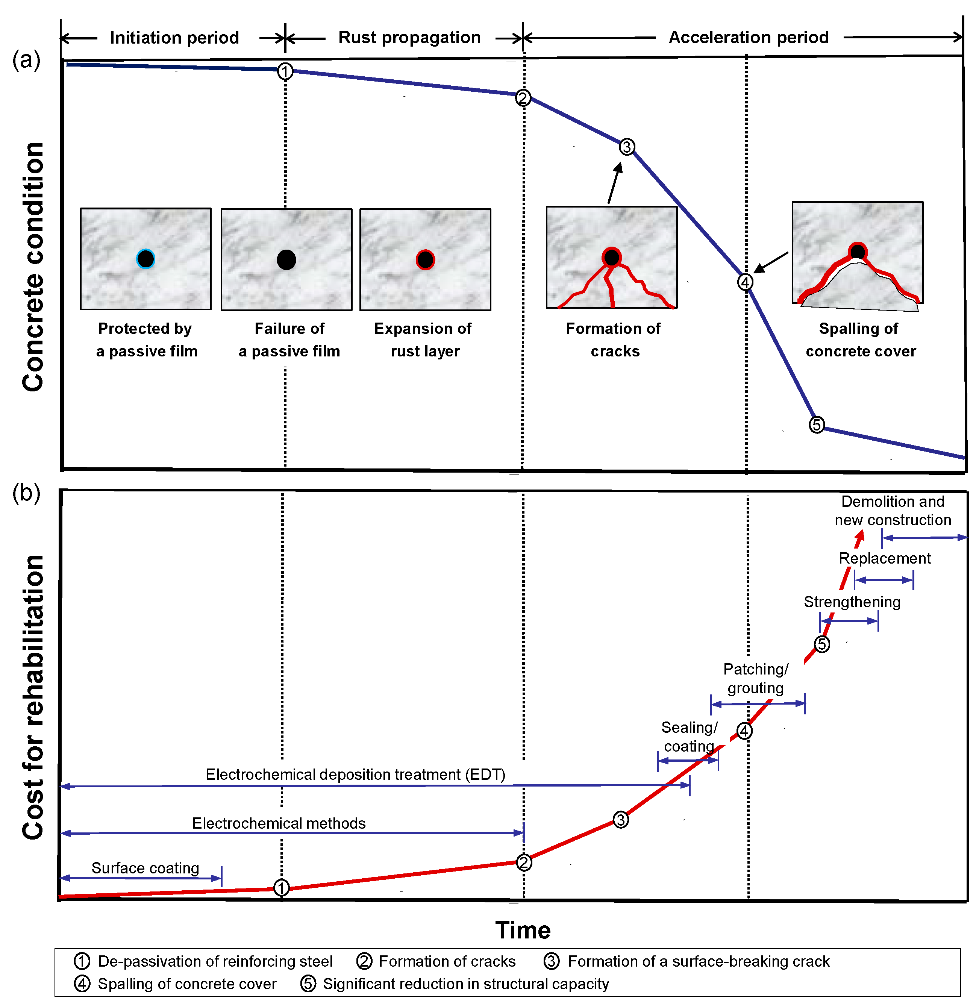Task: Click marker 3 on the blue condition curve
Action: [626, 147]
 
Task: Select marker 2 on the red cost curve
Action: [523, 862]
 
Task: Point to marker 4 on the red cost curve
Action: [744, 731]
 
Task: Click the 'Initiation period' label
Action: [174, 38]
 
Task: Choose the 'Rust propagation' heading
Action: [409, 38]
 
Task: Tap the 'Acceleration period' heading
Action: [749, 38]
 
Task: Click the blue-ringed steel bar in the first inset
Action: [145, 259]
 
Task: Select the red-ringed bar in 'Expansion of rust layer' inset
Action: [425, 260]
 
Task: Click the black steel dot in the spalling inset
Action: [857, 252]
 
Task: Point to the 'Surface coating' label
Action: [145, 868]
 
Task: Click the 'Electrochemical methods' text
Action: [279, 823]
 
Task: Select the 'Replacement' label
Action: [884, 558]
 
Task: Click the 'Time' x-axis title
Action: [523, 930]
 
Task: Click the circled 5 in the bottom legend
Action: [308, 984]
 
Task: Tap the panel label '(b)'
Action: [26, 493]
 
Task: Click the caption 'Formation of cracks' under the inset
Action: [614, 340]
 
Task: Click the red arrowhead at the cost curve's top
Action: [860, 537]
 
